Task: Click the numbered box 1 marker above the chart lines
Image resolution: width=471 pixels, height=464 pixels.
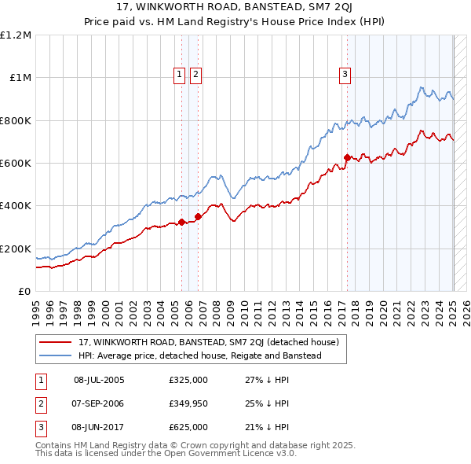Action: click(x=180, y=75)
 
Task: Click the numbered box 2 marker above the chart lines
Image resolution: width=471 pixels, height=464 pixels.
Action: click(x=195, y=75)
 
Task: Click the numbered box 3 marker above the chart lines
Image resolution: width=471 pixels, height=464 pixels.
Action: click(x=345, y=75)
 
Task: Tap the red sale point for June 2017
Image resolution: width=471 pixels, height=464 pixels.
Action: click(x=347, y=157)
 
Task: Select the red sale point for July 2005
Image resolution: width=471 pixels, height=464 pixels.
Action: click(x=181, y=222)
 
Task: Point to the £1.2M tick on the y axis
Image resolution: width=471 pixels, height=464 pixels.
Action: click(x=16, y=35)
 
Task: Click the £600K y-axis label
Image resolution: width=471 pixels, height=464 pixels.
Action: click(x=16, y=164)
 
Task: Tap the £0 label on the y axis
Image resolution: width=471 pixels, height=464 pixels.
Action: click(x=24, y=291)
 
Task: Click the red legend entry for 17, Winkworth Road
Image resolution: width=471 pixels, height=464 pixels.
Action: click(x=208, y=342)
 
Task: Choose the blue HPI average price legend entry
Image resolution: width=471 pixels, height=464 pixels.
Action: click(x=199, y=356)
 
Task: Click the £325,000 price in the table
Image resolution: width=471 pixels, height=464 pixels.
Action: click(x=188, y=380)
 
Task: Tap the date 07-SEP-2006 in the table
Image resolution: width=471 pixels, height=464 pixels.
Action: click(x=99, y=403)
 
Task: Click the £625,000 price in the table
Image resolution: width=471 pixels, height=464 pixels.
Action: click(x=188, y=427)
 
